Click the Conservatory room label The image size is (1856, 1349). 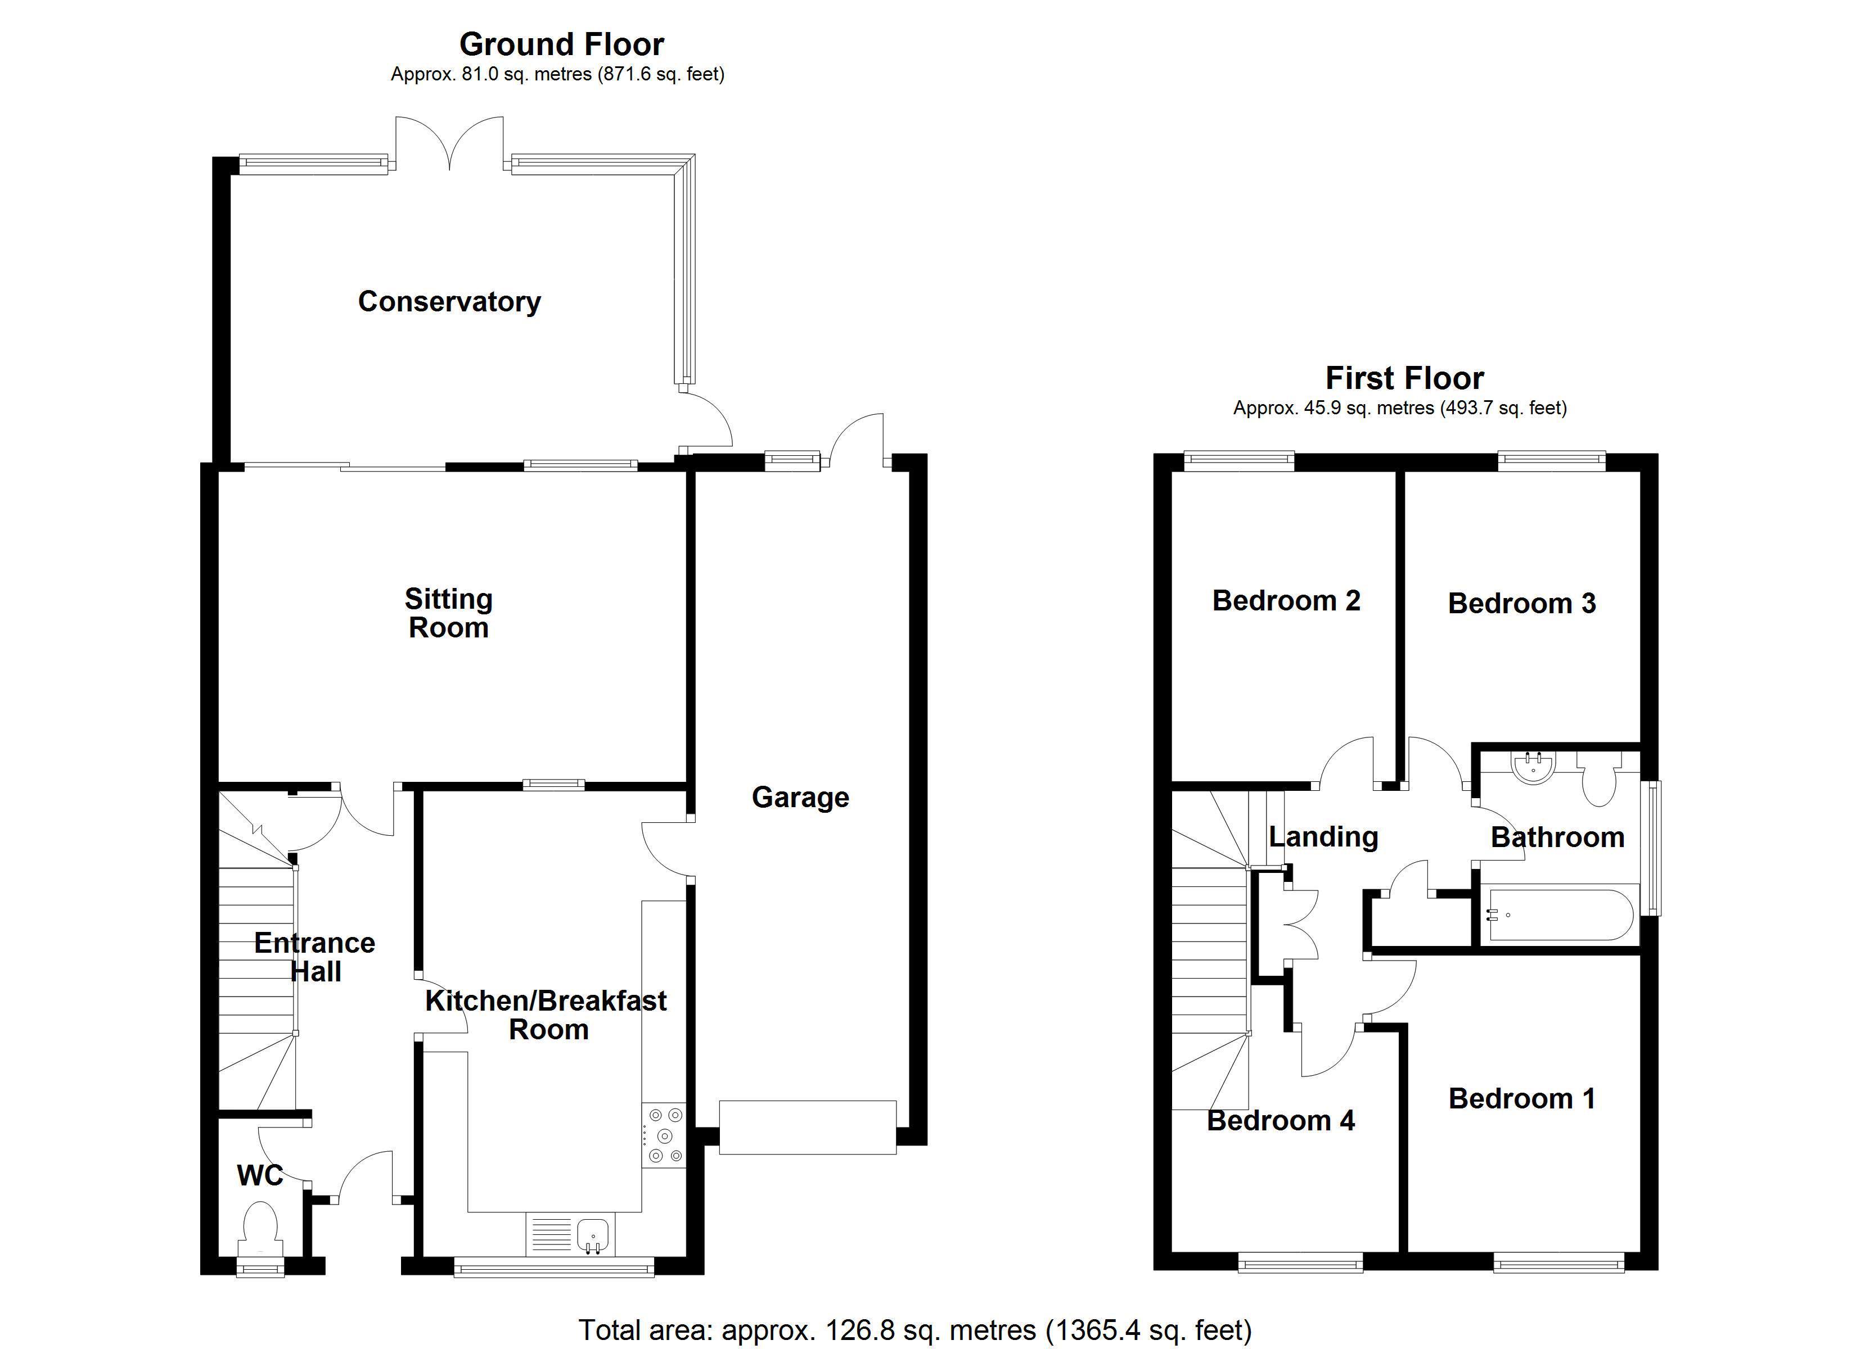tap(449, 302)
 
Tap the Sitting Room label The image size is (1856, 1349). tap(448, 614)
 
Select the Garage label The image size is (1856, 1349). tap(800, 798)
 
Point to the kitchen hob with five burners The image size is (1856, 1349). tap(664, 1135)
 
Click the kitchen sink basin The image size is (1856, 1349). tap(592, 1232)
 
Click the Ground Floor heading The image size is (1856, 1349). tap(561, 44)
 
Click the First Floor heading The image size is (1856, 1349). tap(1404, 378)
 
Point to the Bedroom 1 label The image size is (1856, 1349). tap(1522, 1099)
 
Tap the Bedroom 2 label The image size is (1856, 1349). tap(1286, 600)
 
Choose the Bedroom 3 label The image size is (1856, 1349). tap(1521, 604)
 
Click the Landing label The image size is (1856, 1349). tap(1323, 837)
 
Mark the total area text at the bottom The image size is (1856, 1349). tap(915, 1330)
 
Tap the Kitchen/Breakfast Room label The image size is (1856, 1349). tap(546, 1015)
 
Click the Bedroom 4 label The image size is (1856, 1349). tap(1281, 1121)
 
